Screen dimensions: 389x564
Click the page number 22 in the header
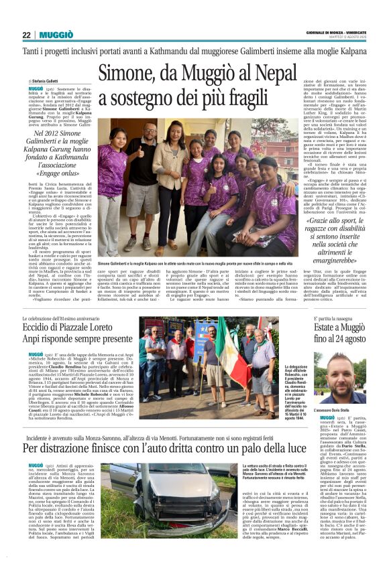coord(26,35)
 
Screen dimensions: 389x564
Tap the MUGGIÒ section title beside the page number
coord(56,35)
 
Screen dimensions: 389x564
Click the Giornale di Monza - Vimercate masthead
coord(341,31)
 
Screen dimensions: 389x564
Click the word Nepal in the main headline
coord(265,72)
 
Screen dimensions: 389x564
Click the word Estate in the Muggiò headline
coord(329,327)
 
